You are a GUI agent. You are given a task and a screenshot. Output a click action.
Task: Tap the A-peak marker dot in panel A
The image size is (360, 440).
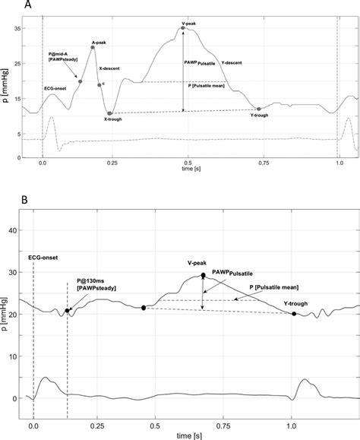[93, 47]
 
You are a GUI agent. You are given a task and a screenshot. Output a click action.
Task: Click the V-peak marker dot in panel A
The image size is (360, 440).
[183, 28]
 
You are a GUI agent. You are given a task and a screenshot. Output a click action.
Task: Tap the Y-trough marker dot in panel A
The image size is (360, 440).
[258, 109]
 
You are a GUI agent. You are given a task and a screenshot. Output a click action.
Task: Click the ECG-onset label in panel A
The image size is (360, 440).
[60, 89]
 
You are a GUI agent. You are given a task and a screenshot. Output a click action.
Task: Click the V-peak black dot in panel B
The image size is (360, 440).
[203, 276]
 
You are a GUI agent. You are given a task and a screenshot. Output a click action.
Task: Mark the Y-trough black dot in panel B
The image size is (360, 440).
[294, 314]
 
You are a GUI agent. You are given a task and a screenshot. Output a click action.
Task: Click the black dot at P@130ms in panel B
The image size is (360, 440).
[68, 310]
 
